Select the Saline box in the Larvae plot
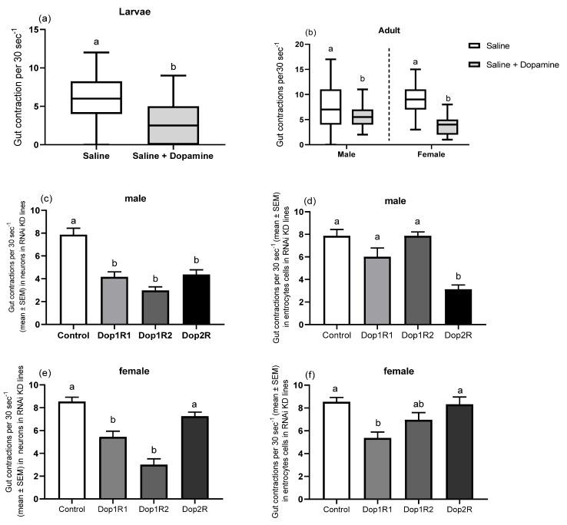(97, 97)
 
